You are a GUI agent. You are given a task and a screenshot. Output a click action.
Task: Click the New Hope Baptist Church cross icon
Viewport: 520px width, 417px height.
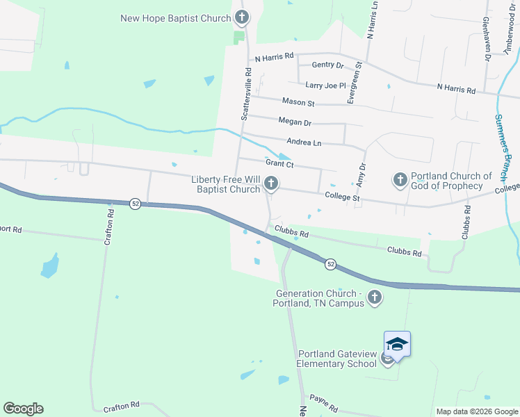pos(241,17)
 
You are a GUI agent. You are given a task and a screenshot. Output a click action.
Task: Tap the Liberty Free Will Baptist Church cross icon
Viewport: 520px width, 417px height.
pos(271,183)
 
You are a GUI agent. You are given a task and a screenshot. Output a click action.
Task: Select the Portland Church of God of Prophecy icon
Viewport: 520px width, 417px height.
pos(400,181)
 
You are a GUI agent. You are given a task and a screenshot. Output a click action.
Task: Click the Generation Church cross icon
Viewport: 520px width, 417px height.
pos(375,298)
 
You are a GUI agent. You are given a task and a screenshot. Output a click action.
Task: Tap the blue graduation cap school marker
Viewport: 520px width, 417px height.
pos(397,345)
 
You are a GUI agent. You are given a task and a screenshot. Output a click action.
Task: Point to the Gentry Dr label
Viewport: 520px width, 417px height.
pos(328,65)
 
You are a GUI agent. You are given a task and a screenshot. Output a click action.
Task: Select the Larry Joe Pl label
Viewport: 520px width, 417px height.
pos(325,85)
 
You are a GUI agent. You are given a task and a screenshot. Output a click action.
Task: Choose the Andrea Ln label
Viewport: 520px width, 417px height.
pos(304,143)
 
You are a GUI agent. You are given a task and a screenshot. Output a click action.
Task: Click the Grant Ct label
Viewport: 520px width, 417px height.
pos(281,165)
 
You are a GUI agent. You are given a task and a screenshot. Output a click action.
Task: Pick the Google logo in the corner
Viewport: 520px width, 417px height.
pos(23,409)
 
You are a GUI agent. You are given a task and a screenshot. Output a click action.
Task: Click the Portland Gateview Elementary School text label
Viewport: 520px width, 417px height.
pos(336,359)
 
